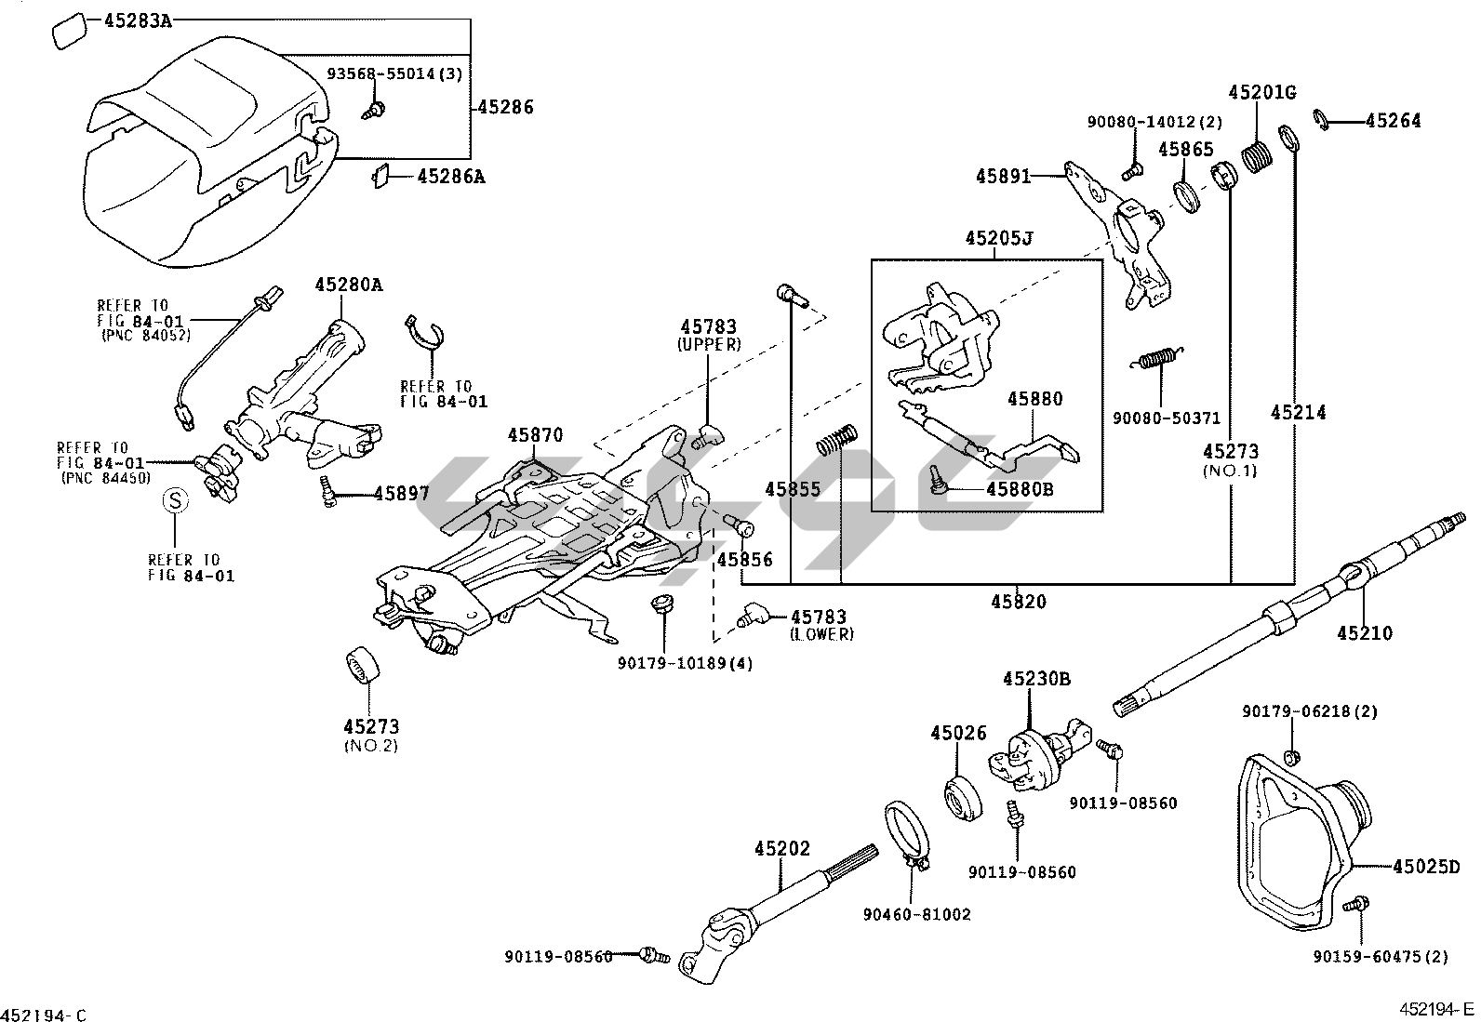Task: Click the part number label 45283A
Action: [139, 21]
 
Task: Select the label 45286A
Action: [451, 177]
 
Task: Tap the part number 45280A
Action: [349, 285]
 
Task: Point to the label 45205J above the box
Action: [999, 238]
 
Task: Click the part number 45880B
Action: [1021, 489]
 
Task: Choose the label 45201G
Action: [1262, 93]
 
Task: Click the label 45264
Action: [1393, 121]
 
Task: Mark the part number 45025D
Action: [1426, 866]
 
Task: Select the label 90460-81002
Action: [917, 914]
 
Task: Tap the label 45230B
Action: [1036, 679]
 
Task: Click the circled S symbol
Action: [175, 500]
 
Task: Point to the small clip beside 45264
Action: [1320, 120]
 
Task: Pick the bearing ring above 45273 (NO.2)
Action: [363, 664]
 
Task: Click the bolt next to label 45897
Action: [327, 493]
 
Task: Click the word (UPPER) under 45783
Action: [710, 344]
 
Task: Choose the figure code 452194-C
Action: [44, 1015]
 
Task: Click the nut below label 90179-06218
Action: [1290, 756]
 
